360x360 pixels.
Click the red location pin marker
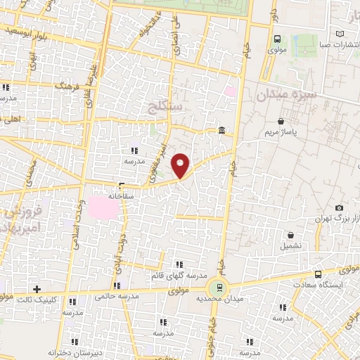tap(181, 165)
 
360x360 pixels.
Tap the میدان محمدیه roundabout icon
tap(218, 287)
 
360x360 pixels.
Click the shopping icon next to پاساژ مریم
tap(281, 120)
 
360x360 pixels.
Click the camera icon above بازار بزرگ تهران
tap(339, 208)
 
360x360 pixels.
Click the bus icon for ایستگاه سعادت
tap(318, 274)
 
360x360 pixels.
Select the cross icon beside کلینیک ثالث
tap(37, 288)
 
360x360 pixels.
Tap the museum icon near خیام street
tap(222, 130)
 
